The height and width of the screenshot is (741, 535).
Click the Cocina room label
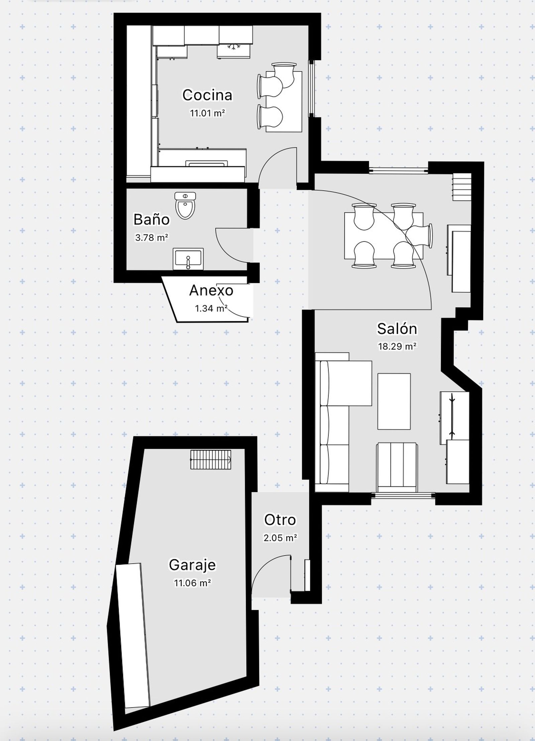tap(207, 95)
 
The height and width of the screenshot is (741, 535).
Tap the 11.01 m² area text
tap(207, 113)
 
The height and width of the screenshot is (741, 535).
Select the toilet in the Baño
tap(185, 205)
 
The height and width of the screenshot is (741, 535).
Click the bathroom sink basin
tap(188, 259)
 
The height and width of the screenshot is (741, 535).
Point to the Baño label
tap(151, 220)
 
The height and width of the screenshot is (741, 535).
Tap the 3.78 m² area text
tap(151, 238)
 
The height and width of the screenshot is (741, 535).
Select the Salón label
tap(397, 329)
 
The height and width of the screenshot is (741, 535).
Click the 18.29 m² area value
tap(397, 347)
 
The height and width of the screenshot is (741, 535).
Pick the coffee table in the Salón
tap(394, 401)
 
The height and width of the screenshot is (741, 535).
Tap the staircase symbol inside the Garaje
tap(211, 460)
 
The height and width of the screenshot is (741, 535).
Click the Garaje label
tap(192, 565)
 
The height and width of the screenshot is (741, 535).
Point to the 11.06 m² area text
tap(192, 583)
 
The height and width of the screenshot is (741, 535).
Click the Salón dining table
tap(384, 236)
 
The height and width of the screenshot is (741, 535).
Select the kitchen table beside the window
tap(284, 101)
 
